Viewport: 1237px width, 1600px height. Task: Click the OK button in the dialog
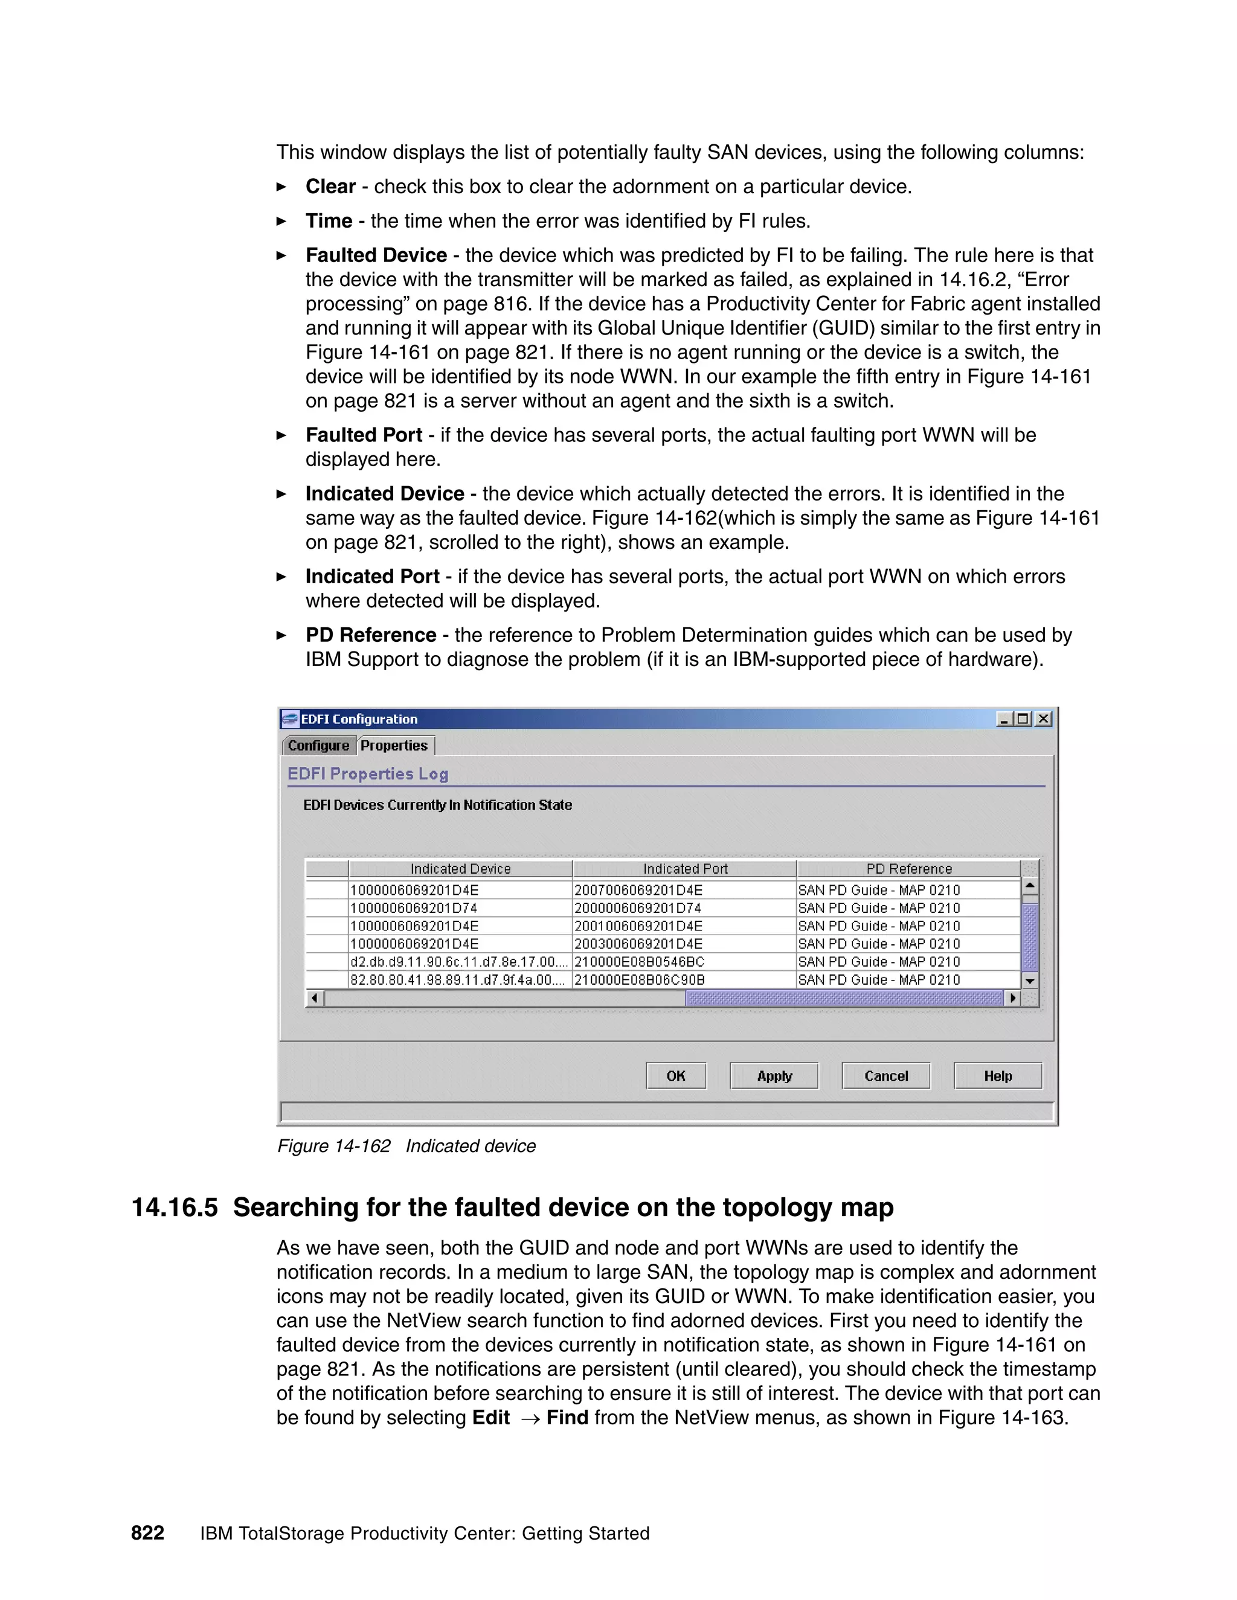pyautogui.click(x=676, y=1075)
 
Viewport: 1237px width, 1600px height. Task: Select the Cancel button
pyautogui.click(x=885, y=1075)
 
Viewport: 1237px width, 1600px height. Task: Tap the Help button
pyautogui.click(x=997, y=1075)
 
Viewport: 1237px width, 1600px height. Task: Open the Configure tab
pyautogui.click(x=319, y=745)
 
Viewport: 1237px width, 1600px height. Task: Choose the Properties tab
pyautogui.click(x=394, y=745)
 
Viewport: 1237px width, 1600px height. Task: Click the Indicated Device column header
pyautogui.click(x=460, y=869)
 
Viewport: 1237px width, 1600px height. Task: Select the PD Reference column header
pyautogui.click(x=908, y=869)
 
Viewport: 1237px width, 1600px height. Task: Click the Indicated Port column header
pyautogui.click(x=684, y=869)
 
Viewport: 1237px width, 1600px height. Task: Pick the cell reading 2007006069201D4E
pyautogui.click(x=638, y=890)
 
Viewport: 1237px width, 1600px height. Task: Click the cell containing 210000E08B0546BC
pyautogui.click(x=639, y=962)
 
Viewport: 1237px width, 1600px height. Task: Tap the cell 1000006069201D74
pyautogui.click(x=415, y=907)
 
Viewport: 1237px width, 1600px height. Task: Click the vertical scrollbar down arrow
pyautogui.click(x=1030, y=980)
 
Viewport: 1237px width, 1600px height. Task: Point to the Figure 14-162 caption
pyautogui.click(x=406, y=1146)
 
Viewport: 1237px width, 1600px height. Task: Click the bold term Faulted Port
pyautogui.click(x=364, y=435)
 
